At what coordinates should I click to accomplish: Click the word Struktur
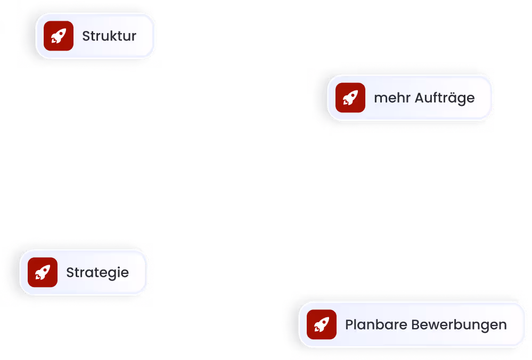click(x=109, y=36)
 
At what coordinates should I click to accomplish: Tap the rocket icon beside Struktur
click(x=59, y=36)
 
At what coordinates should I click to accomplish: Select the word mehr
click(x=389, y=98)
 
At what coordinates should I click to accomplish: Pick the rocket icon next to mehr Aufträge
click(x=350, y=97)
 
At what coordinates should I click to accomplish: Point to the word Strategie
click(x=97, y=273)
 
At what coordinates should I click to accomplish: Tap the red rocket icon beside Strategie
click(x=43, y=272)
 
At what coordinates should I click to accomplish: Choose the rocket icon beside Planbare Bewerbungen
click(x=322, y=324)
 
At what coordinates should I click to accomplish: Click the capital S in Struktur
click(x=86, y=36)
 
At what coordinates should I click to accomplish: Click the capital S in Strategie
click(x=70, y=273)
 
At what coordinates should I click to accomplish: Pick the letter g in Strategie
click(x=111, y=274)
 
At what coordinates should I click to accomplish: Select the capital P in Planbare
click(x=349, y=324)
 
